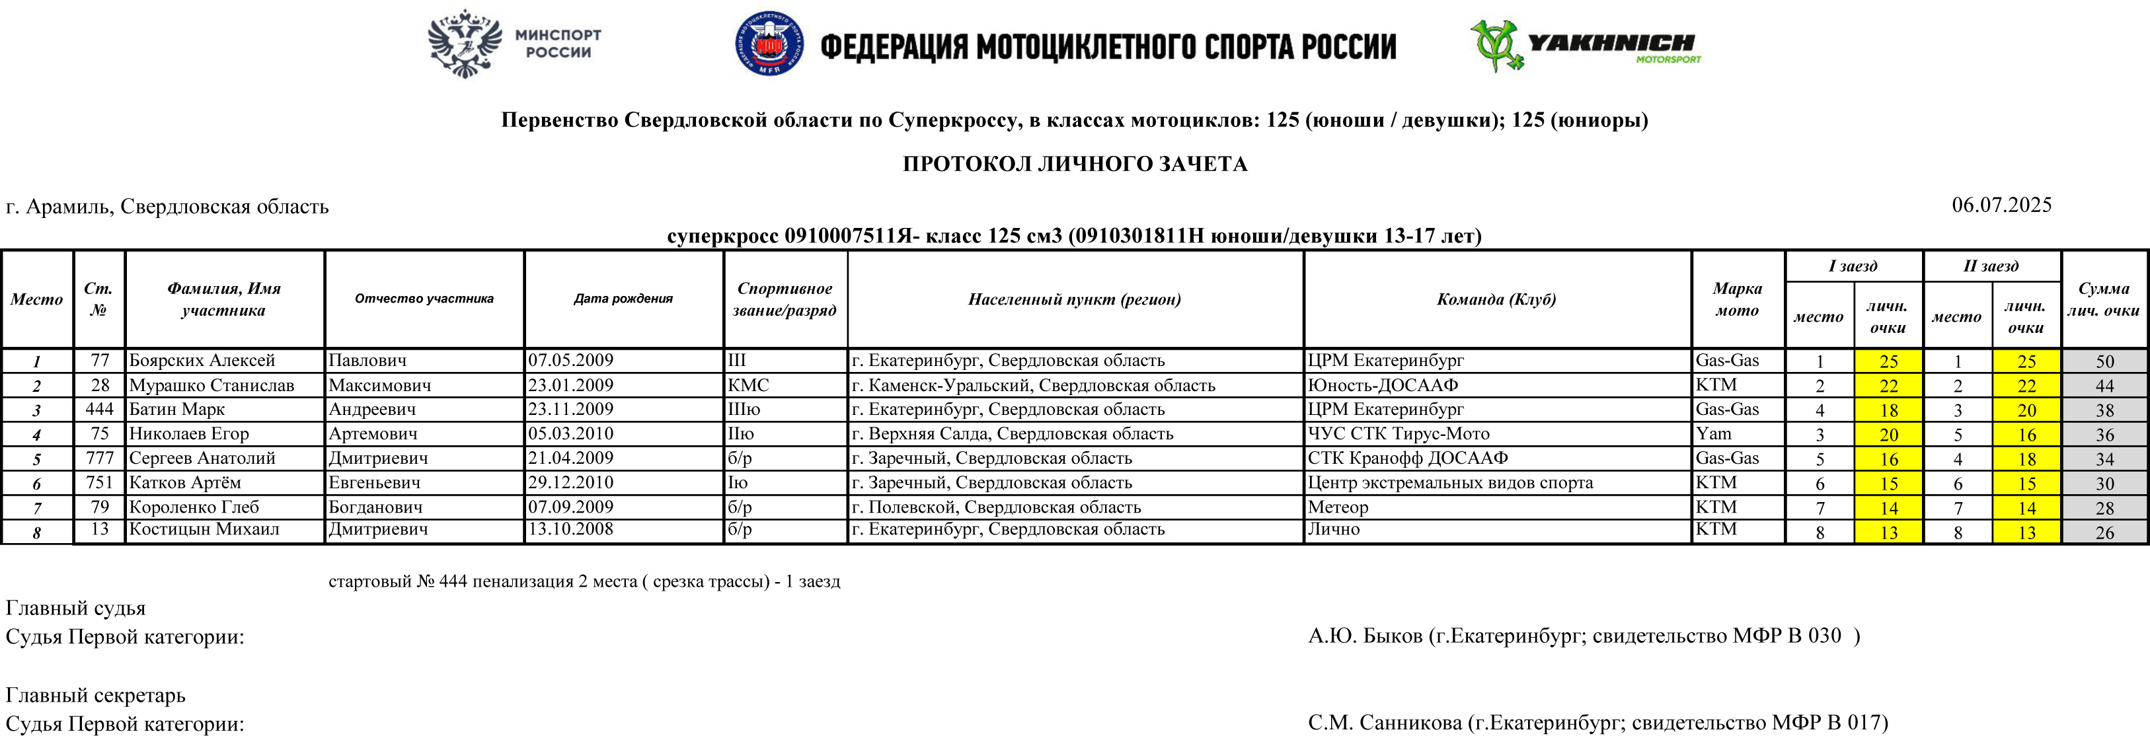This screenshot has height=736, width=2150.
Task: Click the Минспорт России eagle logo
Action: click(x=465, y=44)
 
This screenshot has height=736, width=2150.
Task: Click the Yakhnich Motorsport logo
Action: click(x=1584, y=46)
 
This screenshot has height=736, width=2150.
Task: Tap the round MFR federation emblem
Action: click(x=769, y=44)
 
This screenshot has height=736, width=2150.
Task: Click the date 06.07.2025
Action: click(x=2001, y=205)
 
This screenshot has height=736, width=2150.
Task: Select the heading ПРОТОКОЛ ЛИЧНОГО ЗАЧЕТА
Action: click(x=1074, y=164)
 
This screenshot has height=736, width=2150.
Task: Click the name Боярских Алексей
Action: click(x=202, y=361)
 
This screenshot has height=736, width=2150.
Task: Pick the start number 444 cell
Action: click(x=99, y=409)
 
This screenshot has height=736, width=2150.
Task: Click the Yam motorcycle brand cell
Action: click(x=1714, y=434)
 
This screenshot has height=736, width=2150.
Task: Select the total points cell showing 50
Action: click(x=2104, y=361)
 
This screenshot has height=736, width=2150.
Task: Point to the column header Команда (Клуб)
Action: click(x=1496, y=299)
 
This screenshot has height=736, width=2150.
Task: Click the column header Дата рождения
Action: click(x=623, y=299)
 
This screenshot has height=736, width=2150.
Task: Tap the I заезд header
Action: click(x=1853, y=266)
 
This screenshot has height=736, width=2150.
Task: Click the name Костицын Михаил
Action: click(x=204, y=529)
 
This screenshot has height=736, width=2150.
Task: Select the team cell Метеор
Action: click(x=1337, y=507)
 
